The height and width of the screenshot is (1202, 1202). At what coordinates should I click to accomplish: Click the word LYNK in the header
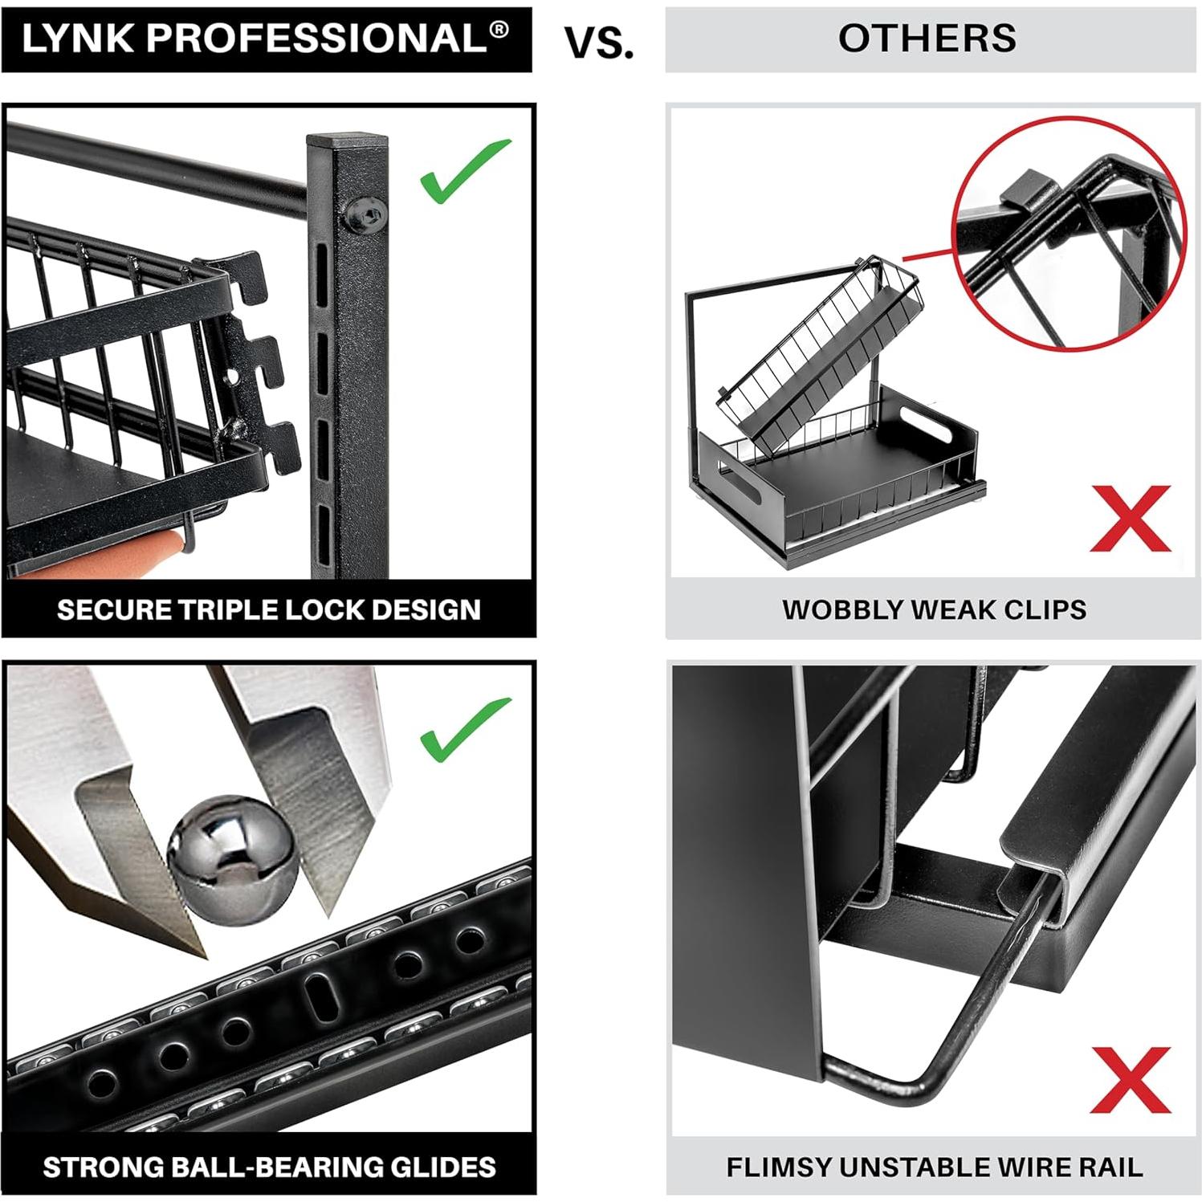(x=77, y=39)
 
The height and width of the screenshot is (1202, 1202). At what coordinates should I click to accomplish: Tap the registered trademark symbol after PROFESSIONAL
(x=499, y=30)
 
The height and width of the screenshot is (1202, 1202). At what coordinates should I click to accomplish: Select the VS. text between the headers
(x=599, y=42)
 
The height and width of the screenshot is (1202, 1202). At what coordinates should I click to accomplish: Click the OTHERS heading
(x=927, y=39)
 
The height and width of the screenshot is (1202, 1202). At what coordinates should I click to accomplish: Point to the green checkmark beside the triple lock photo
(x=463, y=171)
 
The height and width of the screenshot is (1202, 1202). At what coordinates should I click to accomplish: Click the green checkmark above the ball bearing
(x=463, y=729)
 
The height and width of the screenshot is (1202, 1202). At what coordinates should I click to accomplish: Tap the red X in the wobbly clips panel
(x=1130, y=518)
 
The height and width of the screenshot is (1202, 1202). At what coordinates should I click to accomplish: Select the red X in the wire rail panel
(x=1130, y=1079)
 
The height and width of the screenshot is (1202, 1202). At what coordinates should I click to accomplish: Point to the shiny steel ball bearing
(x=231, y=850)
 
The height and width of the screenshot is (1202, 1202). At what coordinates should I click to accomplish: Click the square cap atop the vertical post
(x=347, y=143)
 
